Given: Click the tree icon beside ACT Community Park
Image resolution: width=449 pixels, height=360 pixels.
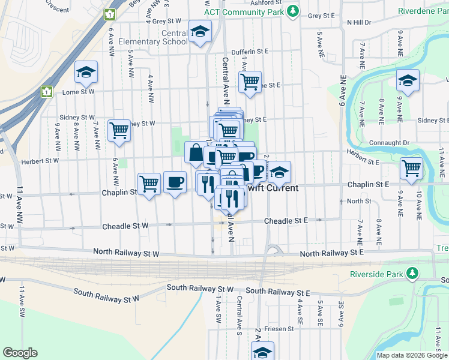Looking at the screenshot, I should coord(292,11).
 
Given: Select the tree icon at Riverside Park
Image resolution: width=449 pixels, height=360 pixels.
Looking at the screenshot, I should coord(412,274).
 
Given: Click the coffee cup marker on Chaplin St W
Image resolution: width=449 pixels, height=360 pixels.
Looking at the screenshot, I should coord(175,182).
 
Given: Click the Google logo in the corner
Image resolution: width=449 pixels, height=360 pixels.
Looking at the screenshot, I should coord(20,353).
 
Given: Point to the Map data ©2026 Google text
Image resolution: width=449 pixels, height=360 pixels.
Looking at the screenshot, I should coord(411,355).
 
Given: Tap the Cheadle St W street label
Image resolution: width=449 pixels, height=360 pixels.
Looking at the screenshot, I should coord(125,226).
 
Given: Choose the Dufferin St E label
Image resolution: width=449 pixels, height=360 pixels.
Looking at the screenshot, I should coord(250,52).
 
